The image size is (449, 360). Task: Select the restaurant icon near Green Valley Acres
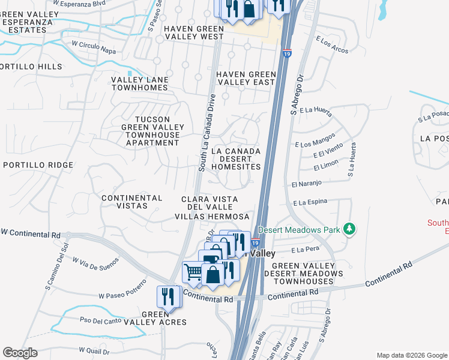pyautogui.click(x=168, y=296)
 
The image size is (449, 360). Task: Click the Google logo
pyautogui.click(x=20, y=353)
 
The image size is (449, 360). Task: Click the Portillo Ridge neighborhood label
pyautogui.click(x=38, y=165)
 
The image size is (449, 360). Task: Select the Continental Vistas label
pyautogui.click(x=132, y=202)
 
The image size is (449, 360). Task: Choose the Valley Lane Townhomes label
pyautogui.click(x=139, y=83)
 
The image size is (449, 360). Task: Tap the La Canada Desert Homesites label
pyautogui.click(x=236, y=159)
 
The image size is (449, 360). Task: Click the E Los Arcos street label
pyautogui.click(x=331, y=47)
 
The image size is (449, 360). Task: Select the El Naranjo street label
pyautogui.click(x=307, y=183)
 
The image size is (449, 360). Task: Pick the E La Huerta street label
pyautogui.click(x=316, y=110)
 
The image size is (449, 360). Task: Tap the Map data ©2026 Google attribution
pyautogui.click(x=411, y=355)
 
